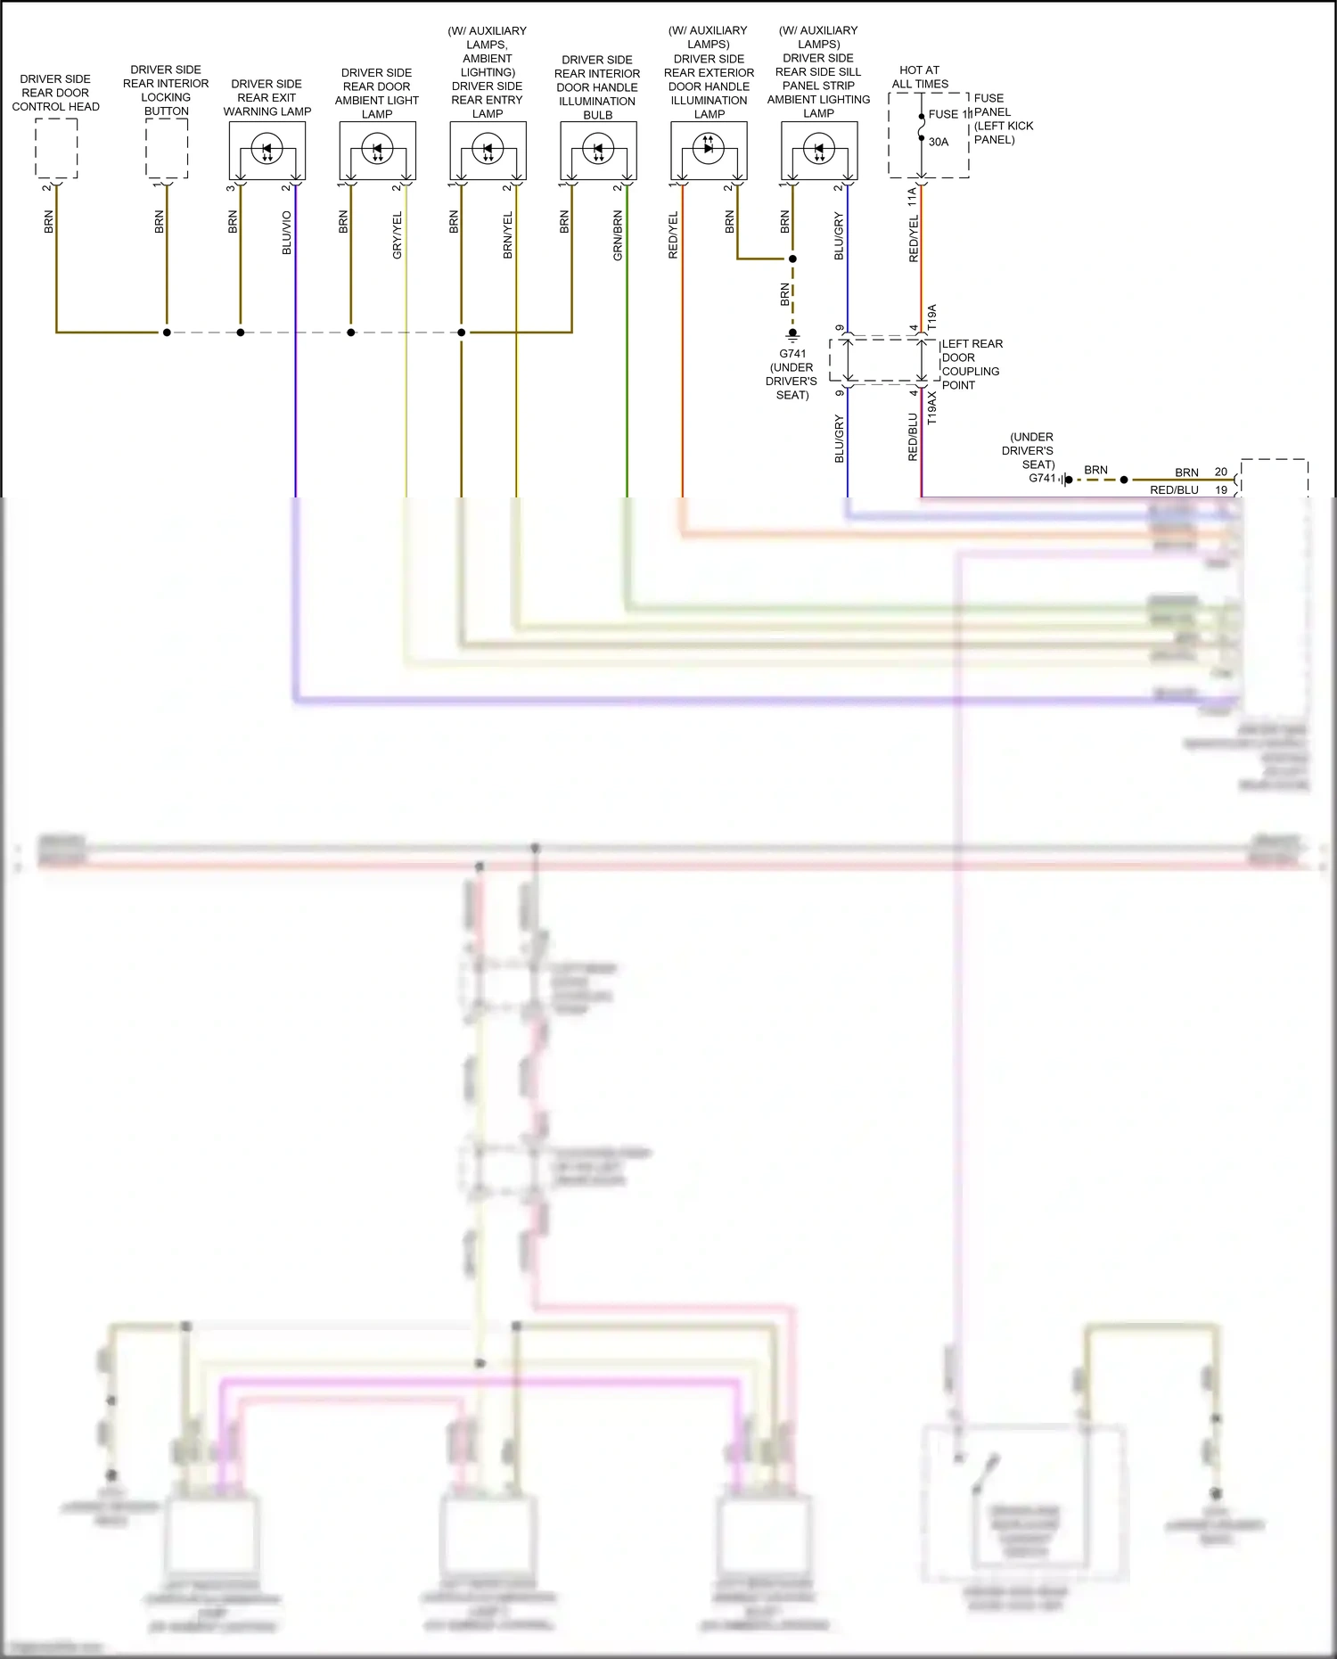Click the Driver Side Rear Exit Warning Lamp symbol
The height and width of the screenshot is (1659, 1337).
pyautogui.click(x=267, y=149)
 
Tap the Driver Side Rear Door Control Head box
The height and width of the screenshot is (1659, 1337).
pyautogui.click(x=56, y=149)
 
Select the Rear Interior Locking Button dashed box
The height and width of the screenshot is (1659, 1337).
pyautogui.click(x=167, y=149)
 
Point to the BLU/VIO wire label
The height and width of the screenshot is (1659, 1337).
pyautogui.click(x=287, y=233)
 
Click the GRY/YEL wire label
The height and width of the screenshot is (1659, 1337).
pyautogui.click(x=398, y=235)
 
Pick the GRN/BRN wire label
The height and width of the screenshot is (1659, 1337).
pyautogui.click(x=618, y=235)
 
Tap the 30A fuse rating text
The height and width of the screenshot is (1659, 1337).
pyautogui.click(x=939, y=142)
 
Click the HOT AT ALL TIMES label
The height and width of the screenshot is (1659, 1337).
pyautogui.click(x=920, y=77)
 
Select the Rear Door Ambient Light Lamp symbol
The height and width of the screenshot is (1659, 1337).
pyautogui.click(x=377, y=149)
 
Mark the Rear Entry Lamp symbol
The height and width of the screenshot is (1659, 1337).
pyautogui.click(x=488, y=149)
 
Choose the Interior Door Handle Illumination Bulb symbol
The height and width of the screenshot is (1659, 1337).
pyautogui.click(x=598, y=149)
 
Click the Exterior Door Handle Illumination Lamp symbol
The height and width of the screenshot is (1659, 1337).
pyautogui.click(x=709, y=149)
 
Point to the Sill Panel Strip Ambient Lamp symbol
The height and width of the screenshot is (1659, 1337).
pyautogui.click(x=819, y=149)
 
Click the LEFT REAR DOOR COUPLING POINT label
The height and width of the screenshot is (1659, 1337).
pyautogui.click(x=972, y=364)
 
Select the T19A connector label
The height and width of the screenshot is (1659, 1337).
pyautogui.click(x=932, y=318)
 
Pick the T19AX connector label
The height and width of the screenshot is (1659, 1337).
pyautogui.click(x=932, y=407)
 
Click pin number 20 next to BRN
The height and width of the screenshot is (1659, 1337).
pyautogui.click(x=1220, y=472)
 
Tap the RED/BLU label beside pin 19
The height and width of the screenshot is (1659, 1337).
pyautogui.click(x=1174, y=489)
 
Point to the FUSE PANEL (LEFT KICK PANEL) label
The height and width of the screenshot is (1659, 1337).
pyautogui.click(x=1003, y=119)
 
